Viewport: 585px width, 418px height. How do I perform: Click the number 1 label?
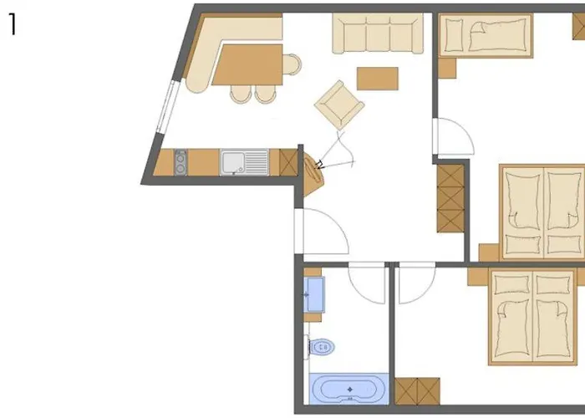pos(12,25)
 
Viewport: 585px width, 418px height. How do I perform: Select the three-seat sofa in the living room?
pos(378,33)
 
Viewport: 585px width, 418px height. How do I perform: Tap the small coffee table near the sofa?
pos(378,78)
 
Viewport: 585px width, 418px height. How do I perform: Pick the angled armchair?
pos(339,104)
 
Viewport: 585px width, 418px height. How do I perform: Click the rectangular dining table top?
pos(247,64)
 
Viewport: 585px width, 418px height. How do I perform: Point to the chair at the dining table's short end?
pos(292,64)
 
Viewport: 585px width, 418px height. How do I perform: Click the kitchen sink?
pos(244,162)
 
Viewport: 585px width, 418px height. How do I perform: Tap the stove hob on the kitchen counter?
pos(181,161)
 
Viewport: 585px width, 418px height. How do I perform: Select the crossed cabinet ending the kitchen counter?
pos(288,161)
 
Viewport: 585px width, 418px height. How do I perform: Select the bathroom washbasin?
pos(314,295)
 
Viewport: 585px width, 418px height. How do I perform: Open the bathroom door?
pos(366,283)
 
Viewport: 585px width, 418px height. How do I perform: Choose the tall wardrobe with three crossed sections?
pos(450,198)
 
